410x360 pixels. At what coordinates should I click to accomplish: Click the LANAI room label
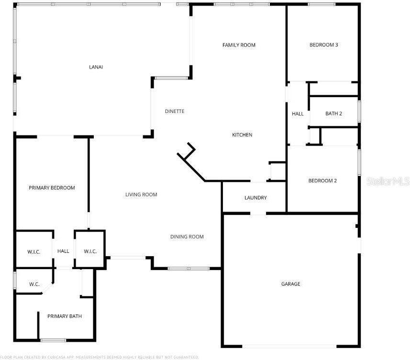(x=96, y=67)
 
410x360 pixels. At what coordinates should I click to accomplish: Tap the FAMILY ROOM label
(x=239, y=45)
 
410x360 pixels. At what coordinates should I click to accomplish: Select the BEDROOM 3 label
(x=324, y=45)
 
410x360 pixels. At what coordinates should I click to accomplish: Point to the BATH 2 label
(x=333, y=113)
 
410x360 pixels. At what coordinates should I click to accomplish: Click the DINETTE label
(x=175, y=111)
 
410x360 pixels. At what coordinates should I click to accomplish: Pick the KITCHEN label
(x=242, y=135)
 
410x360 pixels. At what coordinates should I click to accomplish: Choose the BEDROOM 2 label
(x=322, y=180)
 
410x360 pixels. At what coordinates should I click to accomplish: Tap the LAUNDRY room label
(x=255, y=198)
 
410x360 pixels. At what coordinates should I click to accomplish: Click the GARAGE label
(x=290, y=284)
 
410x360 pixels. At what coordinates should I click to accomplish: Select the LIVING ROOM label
(x=141, y=194)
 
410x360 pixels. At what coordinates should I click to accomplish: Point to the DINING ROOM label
(x=187, y=236)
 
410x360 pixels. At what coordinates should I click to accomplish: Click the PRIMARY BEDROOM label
(x=52, y=188)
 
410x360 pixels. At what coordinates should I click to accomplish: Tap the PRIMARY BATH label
(x=64, y=316)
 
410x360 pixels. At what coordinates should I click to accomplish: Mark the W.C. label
(x=34, y=284)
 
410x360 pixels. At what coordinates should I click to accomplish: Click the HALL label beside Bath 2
(x=298, y=114)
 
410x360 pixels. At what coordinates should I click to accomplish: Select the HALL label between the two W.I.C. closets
(x=63, y=251)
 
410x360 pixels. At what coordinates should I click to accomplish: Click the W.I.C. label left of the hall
(x=34, y=251)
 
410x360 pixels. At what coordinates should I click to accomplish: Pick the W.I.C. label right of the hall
(x=90, y=251)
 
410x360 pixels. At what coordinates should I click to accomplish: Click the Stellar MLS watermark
(x=388, y=181)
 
